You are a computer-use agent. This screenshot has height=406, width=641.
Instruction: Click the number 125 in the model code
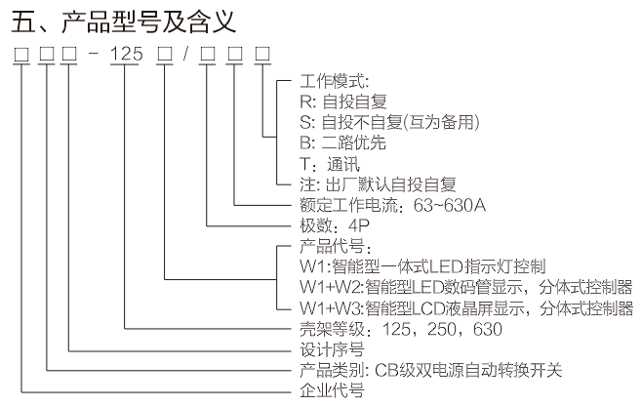127,55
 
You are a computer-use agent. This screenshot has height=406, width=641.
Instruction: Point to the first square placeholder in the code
20,55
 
